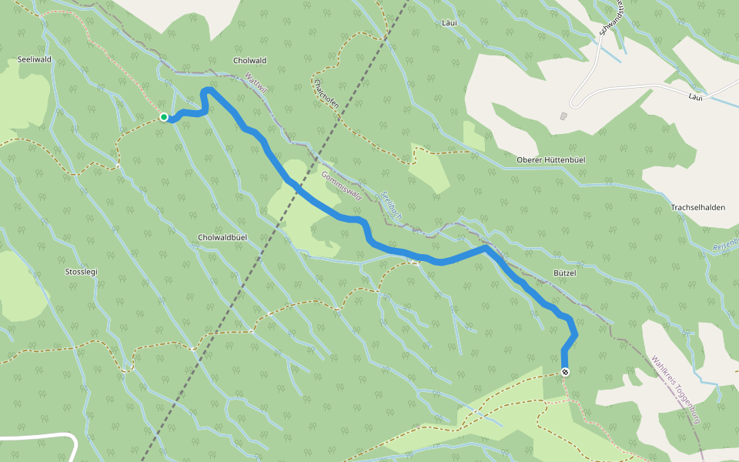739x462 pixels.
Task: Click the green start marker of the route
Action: pyautogui.click(x=164, y=117)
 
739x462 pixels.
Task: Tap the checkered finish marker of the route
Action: pyautogui.click(x=565, y=372)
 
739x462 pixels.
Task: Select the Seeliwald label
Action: pyautogui.click(x=34, y=59)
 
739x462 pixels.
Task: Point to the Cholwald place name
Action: pyautogui.click(x=249, y=61)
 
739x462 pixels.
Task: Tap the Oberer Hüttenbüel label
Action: pyautogui.click(x=551, y=159)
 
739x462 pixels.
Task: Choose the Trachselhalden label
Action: pyautogui.click(x=698, y=208)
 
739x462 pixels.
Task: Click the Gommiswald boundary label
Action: pyautogui.click(x=341, y=185)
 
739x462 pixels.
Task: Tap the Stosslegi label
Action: pyautogui.click(x=82, y=272)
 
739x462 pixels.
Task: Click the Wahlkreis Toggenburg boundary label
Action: pyautogui.click(x=676, y=390)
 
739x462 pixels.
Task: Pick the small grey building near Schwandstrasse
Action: pyautogui.click(x=563, y=116)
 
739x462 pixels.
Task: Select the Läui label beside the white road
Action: pyautogui.click(x=695, y=97)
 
